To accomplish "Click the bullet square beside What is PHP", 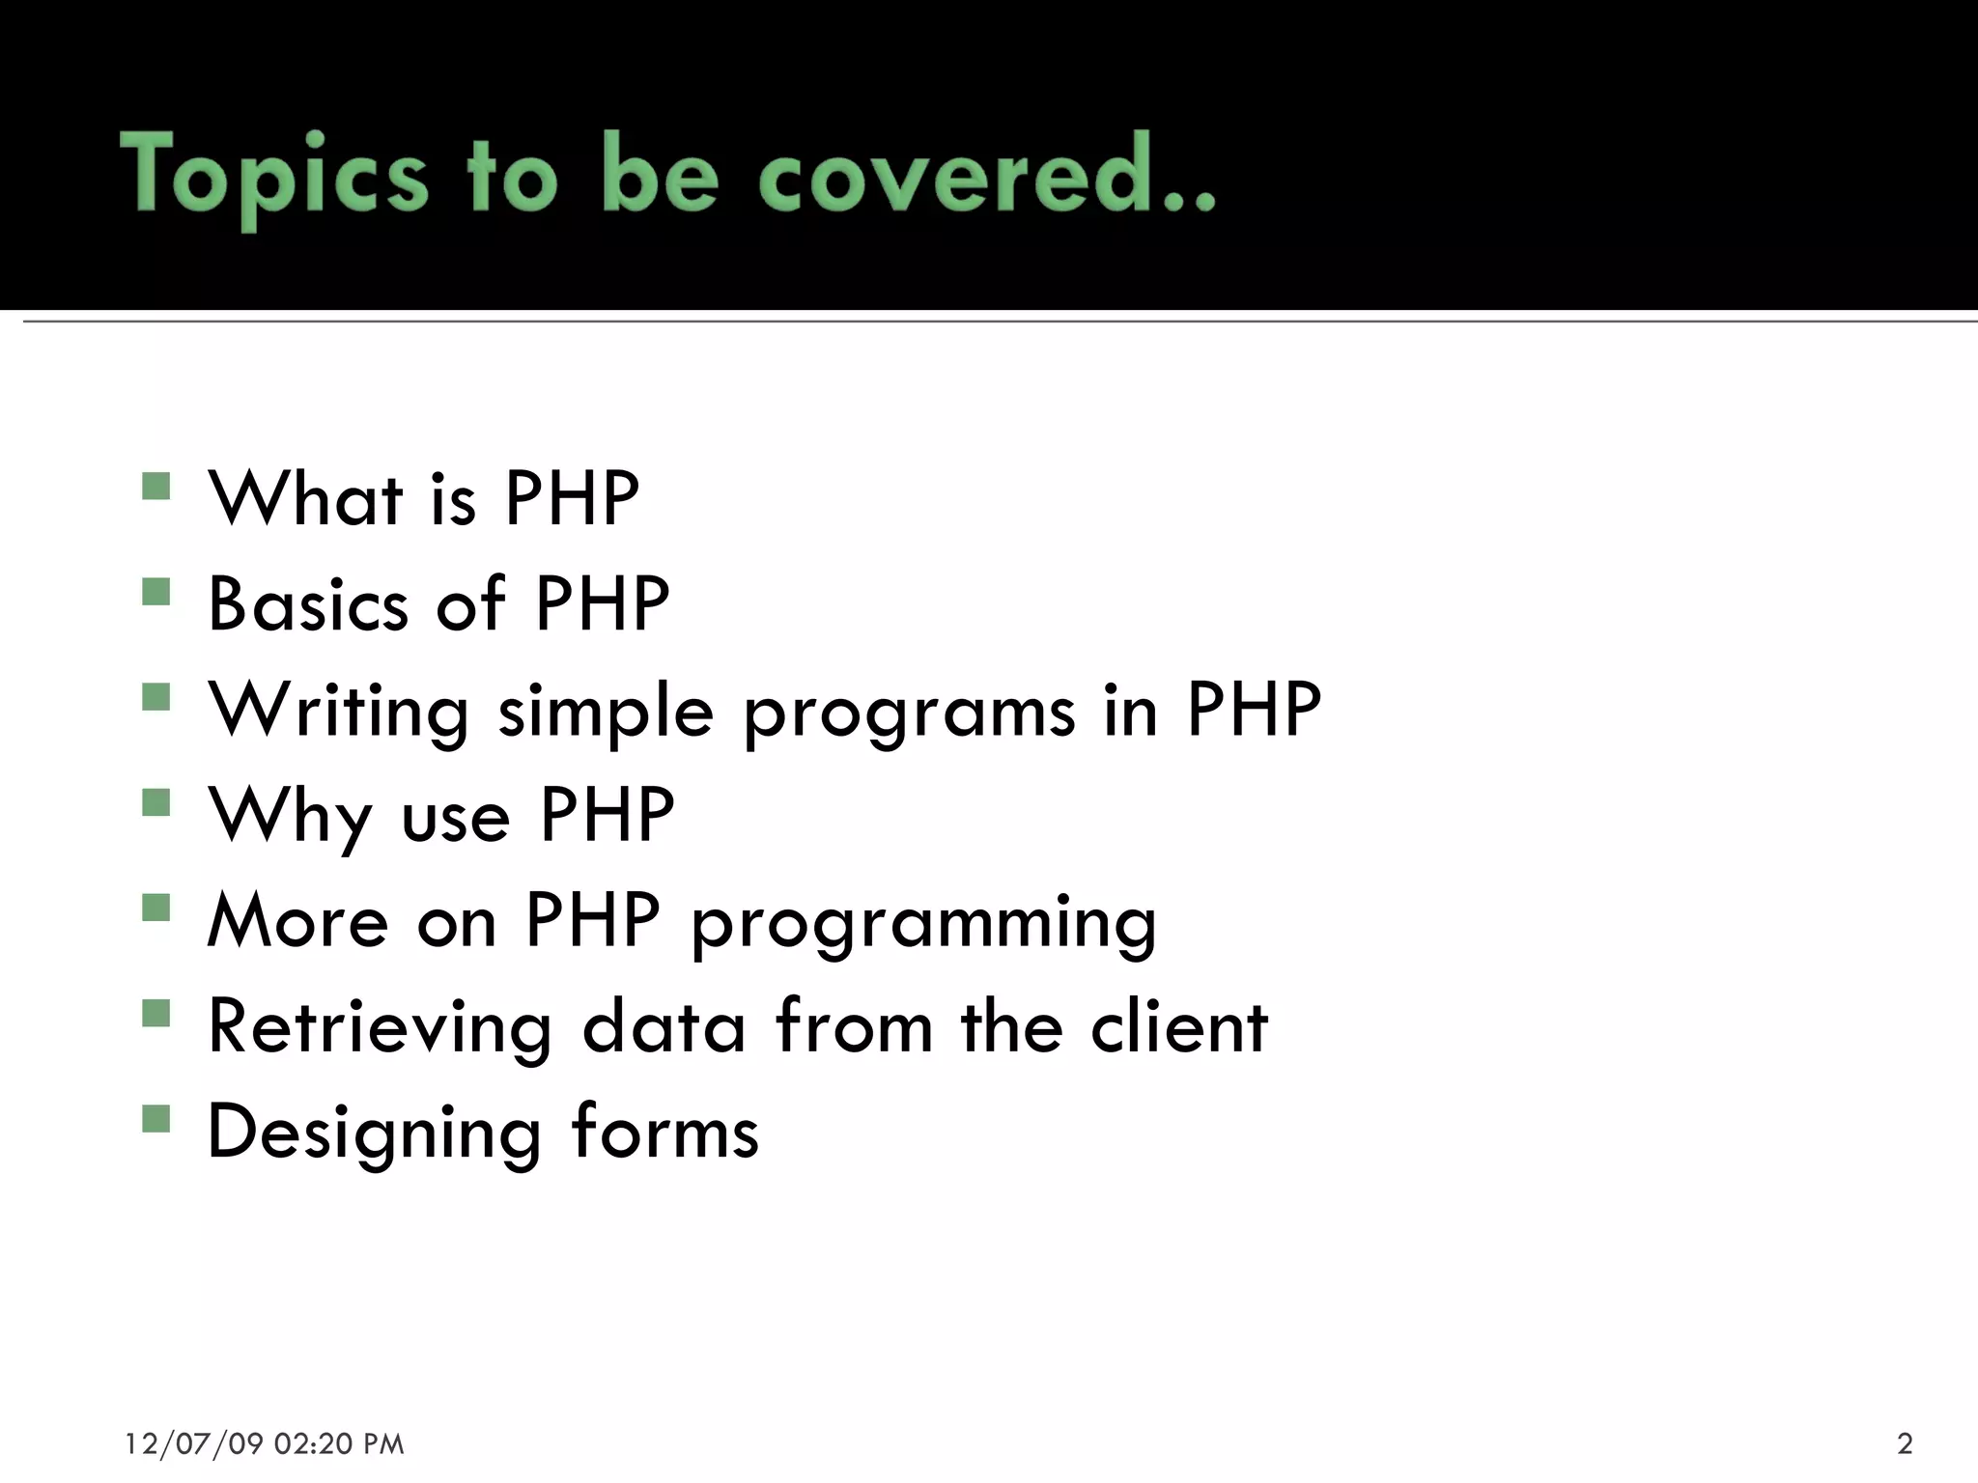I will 155,486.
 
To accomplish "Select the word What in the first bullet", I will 306,499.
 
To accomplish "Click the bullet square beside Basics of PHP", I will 155,591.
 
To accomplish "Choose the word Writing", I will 339,713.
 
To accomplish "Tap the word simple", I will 606,713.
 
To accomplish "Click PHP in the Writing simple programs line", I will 1254,710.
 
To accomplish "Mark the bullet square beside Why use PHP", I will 155,802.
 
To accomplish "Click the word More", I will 298,921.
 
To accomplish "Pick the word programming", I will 923,925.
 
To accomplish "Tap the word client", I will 1178,1026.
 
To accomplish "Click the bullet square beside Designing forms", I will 155,1118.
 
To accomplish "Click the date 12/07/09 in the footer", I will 194,1443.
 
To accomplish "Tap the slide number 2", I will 1905,1443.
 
